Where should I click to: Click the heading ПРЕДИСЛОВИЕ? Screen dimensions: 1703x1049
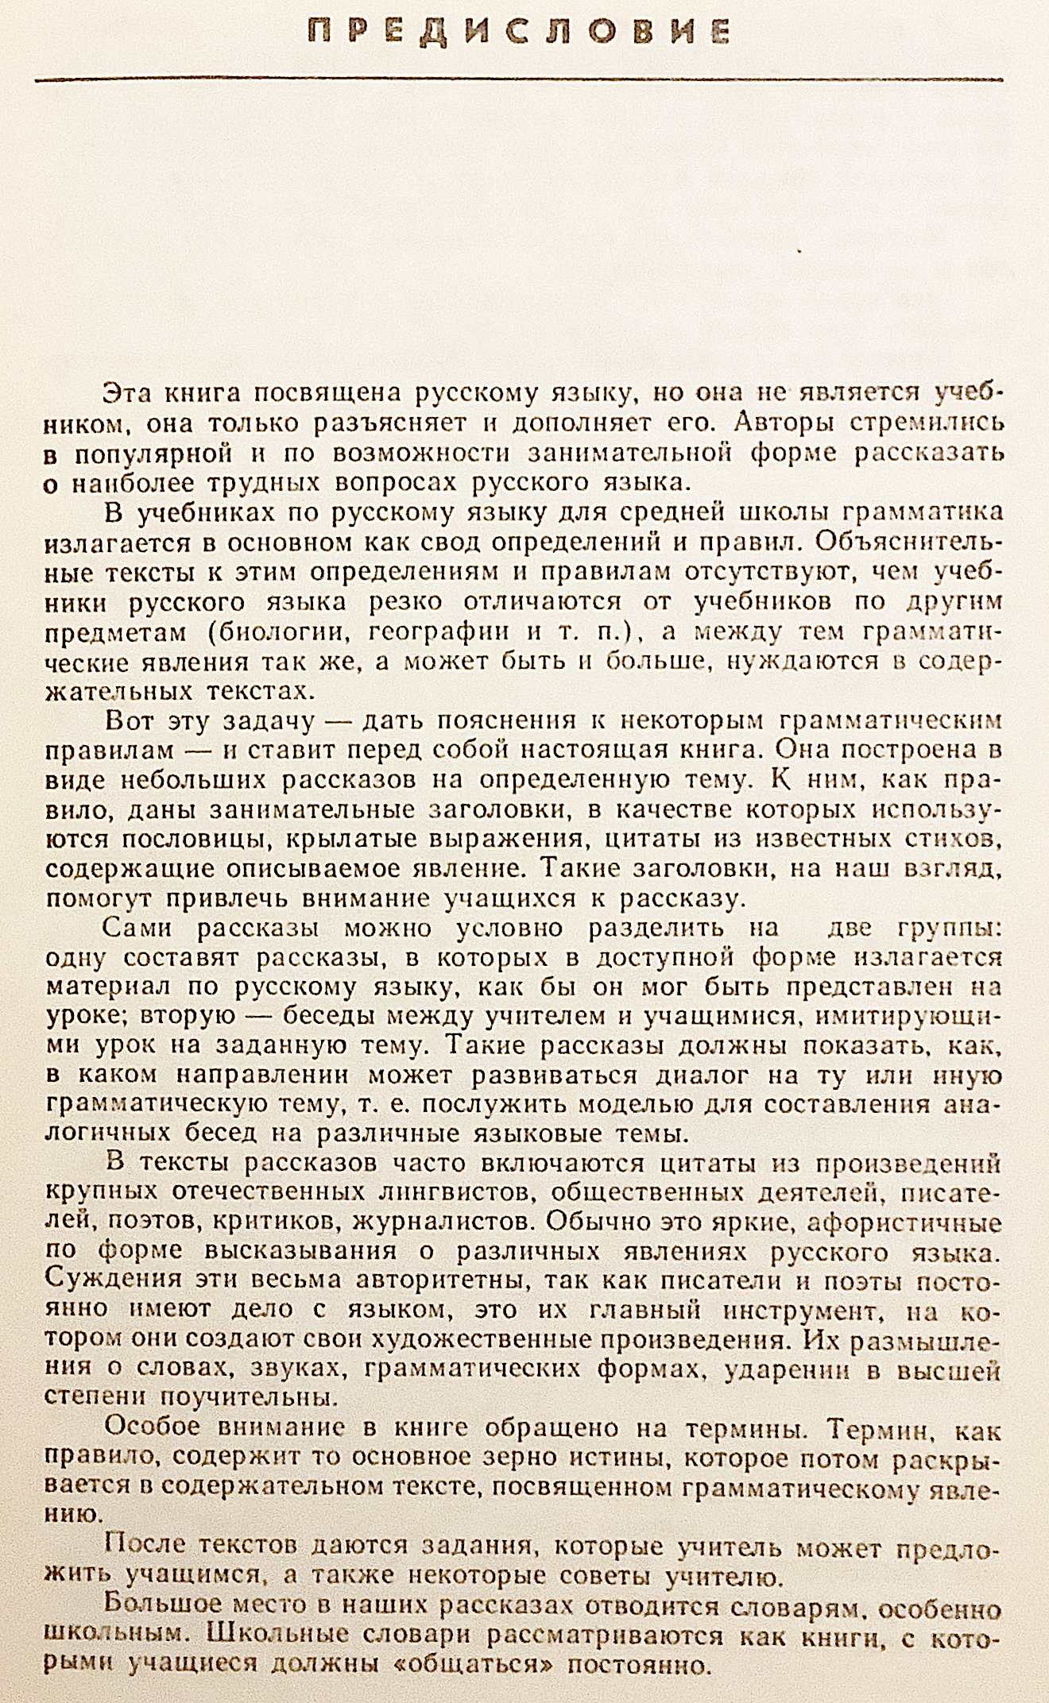click(x=519, y=31)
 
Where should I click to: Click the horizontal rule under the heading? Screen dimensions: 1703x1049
click(x=519, y=80)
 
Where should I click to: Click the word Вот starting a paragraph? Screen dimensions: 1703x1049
click(x=130, y=721)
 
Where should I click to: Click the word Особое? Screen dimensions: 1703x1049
click(x=152, y=1427)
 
